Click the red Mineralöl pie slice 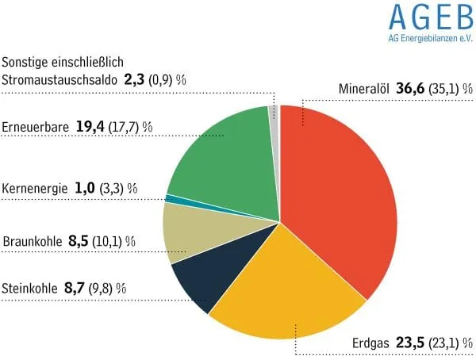341,198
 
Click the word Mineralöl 363,90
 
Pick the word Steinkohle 30,289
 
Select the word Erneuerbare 36,127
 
